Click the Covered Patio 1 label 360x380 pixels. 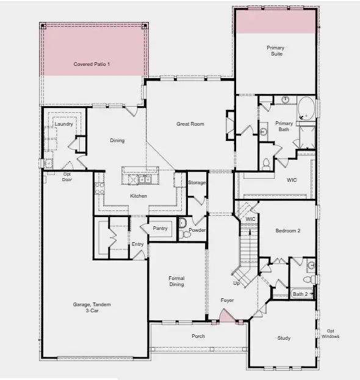(x=92, y=64)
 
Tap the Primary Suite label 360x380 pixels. (x=275, y=51)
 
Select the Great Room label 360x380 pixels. (x=190, y=124)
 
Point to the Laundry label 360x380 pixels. (x=63, y=124)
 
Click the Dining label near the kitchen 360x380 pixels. (x=117, y=140)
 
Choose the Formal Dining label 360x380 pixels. (x=176, y=281)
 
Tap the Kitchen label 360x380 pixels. (x=139, y=196)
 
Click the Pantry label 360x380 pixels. (x=160, y=228)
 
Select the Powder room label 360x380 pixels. (x=197, y=230)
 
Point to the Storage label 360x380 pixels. (x=196, y=183)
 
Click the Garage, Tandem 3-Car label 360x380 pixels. (x=95, y=307)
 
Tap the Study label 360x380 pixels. (x=284, y=338)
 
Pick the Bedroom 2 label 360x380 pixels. (x=288, y=230)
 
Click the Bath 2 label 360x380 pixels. (x=300, y=294)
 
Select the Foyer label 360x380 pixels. (x=228, y=300)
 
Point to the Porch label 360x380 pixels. (x=198, y=336)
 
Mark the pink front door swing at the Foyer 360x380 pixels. (x=226, y=316)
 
